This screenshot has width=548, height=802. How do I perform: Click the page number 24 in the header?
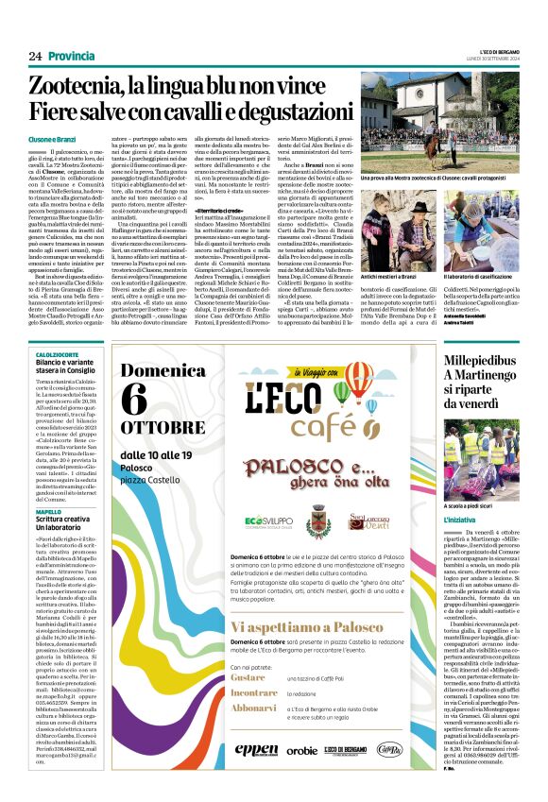(x=35, y=57)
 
